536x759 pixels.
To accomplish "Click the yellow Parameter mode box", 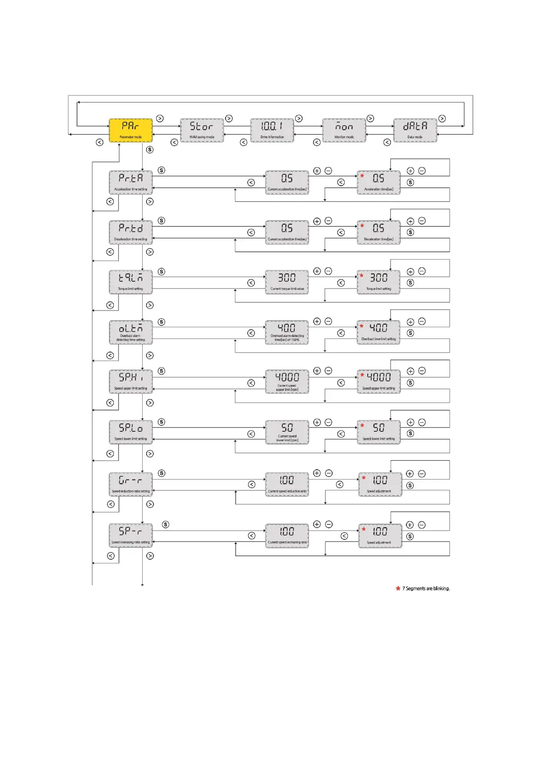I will coord(131,130).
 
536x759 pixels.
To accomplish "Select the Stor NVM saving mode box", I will coord(202,130).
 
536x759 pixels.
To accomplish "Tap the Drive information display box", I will coord(272,130).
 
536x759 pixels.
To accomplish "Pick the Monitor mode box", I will coord(344,130).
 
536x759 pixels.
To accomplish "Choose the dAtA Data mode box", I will coord(415,130).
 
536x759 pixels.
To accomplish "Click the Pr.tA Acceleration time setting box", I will coord(131,182).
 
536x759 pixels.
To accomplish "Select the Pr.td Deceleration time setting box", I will coord(131,232).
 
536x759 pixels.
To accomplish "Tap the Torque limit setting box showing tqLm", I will coord(131,282).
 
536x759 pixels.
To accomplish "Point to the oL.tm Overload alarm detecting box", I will coord(131,332).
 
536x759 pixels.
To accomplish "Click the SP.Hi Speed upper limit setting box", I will coord(131,381).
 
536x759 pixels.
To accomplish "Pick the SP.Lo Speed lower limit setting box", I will coord(131,432).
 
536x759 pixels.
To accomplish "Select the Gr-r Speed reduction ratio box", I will coord(131,484).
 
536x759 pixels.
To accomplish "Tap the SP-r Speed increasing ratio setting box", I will coord(131,535).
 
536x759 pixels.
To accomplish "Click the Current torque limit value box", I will coord(287,282).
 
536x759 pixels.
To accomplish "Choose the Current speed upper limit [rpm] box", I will coord(287,381).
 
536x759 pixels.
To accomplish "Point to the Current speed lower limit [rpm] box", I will coord(287,432).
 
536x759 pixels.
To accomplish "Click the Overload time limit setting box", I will coord(378,332).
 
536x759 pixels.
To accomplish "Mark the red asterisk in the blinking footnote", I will coord(398,588).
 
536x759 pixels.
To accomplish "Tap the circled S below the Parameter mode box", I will coord(150,150).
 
